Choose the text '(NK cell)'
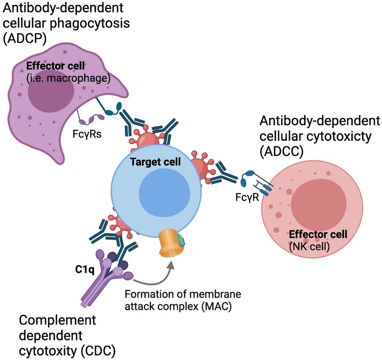pos(309,247)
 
